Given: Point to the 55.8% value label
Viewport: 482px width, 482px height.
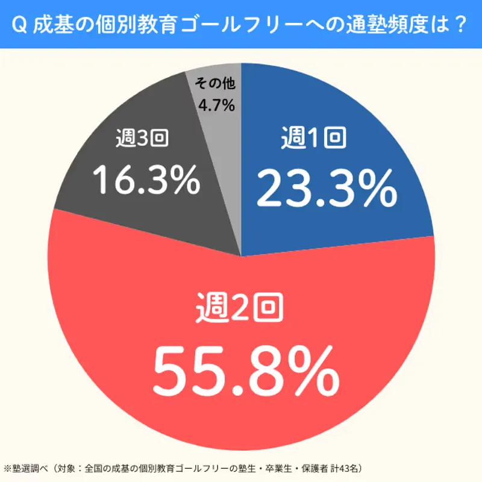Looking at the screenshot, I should [245, 369].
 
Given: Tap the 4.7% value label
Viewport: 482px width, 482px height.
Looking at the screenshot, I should [216, 105].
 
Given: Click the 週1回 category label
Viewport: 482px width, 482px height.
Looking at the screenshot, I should [313, 140].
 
